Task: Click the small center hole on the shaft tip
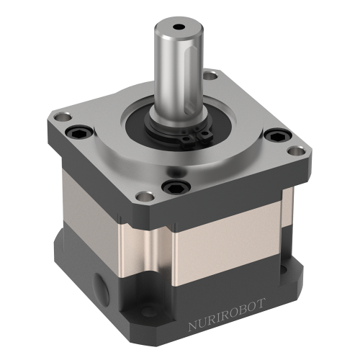click(178, 29)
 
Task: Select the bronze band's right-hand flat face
click(230, 230)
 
